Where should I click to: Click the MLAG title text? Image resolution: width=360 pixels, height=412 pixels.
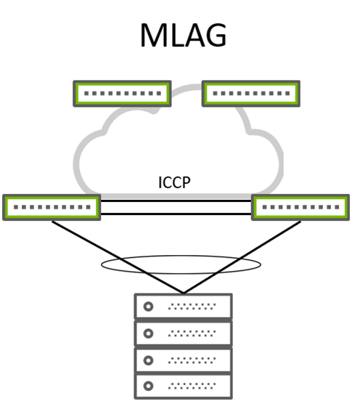[x=184, y=35]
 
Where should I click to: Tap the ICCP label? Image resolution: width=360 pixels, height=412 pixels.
[x=174, y=182]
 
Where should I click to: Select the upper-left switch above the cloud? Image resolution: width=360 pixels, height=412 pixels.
[x=122, y=94]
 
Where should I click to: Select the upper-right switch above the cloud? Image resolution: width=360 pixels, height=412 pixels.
[x=251, y=94]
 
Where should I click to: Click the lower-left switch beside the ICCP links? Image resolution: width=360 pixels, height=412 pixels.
[x=52, y=207]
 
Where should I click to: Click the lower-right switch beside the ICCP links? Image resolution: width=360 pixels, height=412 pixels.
[x=300, y=207]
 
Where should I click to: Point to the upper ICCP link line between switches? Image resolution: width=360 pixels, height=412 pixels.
[x=176, y=201]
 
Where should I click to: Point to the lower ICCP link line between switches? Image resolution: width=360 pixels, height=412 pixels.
[x=176, y=214]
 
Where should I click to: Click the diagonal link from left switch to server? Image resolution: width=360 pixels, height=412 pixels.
[x=118, y=257]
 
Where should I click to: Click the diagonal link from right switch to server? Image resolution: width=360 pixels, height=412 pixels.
[x=242, y=257]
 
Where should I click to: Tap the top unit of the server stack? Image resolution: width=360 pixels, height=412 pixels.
[x=184, y=306]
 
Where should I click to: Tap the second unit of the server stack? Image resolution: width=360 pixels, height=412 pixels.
[x=184, y=334]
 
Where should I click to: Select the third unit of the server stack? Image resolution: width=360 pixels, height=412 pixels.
[x=184, y=360]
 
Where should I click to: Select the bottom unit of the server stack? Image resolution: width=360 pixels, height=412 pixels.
[x=184, y=387]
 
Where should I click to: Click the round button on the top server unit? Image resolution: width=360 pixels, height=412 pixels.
[x=148, y=307]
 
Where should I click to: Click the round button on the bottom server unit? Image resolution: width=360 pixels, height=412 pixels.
[x=148, y=386]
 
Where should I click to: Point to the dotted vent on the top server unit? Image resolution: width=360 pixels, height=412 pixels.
[x=192, y=307]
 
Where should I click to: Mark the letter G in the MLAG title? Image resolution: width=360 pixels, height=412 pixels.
[x=216, y=35]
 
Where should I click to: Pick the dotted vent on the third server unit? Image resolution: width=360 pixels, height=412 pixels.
[x=192, y=360]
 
